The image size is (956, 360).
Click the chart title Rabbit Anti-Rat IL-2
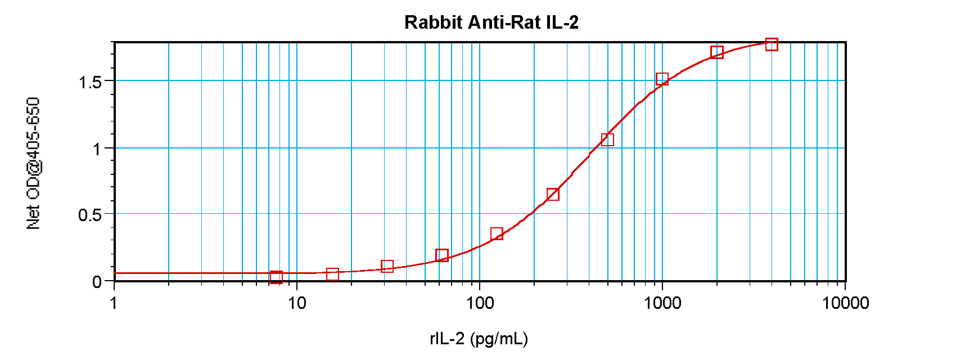click(x=491, y=22)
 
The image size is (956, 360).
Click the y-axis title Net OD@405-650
click(x=34, y=163)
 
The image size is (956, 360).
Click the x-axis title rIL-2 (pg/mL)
click(x=479, y=339)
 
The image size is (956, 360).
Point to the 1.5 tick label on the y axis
click(x=90, y=82)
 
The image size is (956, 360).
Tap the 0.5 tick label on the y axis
click(x=90, y=215)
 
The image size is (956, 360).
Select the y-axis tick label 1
click(x=97, y=149)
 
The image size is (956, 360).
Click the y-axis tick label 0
click(x=97, y=282)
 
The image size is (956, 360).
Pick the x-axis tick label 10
click(x=297, y=303)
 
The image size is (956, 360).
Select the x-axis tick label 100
click(x=480, y=303)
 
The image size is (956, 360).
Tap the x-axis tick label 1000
click(x=662, y=303)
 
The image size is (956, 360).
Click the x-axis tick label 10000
click(x=845, y=303)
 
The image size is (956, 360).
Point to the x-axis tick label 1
click(x=114, y=303)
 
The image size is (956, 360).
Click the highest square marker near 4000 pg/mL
click(x=772, y=44)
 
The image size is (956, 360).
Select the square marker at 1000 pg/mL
click(x=662, y=79)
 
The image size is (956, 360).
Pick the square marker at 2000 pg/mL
click(x=716, y=52)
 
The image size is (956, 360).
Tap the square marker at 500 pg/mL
click(x=607, y=139)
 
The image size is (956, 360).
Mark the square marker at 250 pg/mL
click(x=553, y=195)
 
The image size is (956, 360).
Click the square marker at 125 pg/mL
click(x=497, y=234)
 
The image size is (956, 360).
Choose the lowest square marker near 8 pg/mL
click(x=276, y=277)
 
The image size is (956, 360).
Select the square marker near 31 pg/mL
click(x=387, y=266)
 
